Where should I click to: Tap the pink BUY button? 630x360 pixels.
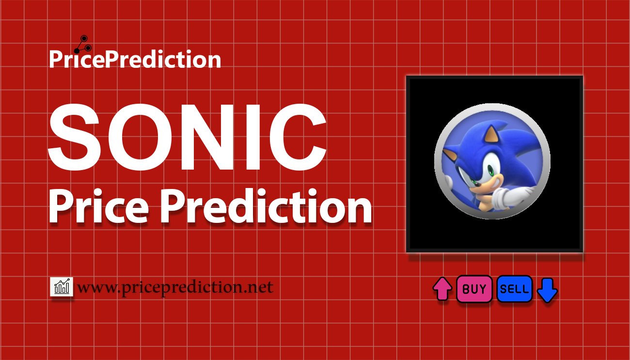pyautogui.click(x=474, y=289)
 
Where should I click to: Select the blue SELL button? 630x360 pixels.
pyautogui.click(x=514, y=289)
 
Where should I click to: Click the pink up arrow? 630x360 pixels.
pyautogui.click(x=442, y=289)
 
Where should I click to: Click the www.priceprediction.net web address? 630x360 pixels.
pyautogui.click(x=175, y=287)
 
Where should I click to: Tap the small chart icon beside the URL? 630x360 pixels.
pyautogui.click(x=62, y=287)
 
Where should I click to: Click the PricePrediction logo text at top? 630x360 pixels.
pyautogui.click(x=135, y=60)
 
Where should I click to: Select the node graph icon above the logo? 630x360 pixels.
pyautogui.click(x=82, y=44)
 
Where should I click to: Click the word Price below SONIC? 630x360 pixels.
pyautogui.click(x=99, y=207)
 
